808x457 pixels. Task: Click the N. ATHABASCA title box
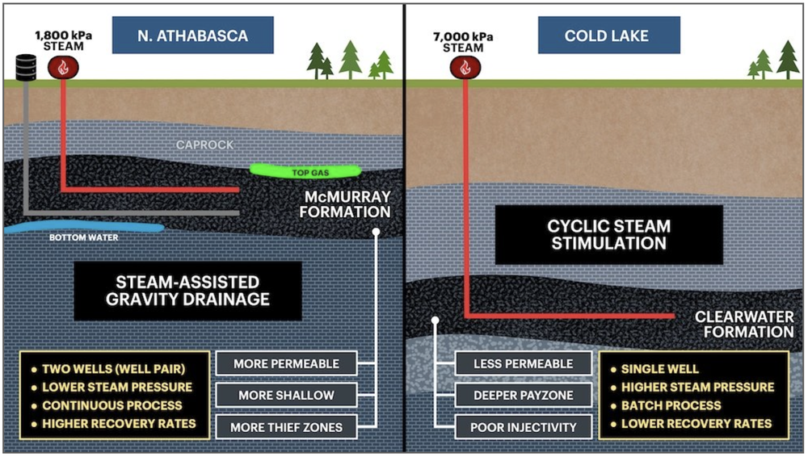[192, 36]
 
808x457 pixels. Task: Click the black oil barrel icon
[27, 67]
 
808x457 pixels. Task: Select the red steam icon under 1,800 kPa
[61, 67]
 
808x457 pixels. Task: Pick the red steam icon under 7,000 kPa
[465, 67]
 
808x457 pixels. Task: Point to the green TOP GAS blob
[305, 171]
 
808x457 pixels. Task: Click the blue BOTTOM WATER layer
[81, 228]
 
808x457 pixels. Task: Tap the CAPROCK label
[205, 145]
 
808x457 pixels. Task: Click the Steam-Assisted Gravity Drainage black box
[187, 291]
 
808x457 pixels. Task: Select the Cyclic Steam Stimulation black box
[608, 234]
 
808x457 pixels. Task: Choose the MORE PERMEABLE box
[286, 363]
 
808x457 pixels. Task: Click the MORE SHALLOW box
[286, 395]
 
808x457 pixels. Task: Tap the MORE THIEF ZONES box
[286, 426]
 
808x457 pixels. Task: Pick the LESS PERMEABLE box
[524, 363]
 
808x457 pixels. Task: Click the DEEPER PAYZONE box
[524, 395]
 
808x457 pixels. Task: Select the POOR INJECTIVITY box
[524, 426]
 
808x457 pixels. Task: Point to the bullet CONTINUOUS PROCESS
[112, 405]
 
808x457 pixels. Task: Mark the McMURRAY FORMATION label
[347, 204]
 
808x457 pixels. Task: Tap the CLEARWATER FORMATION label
[743, 324]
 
